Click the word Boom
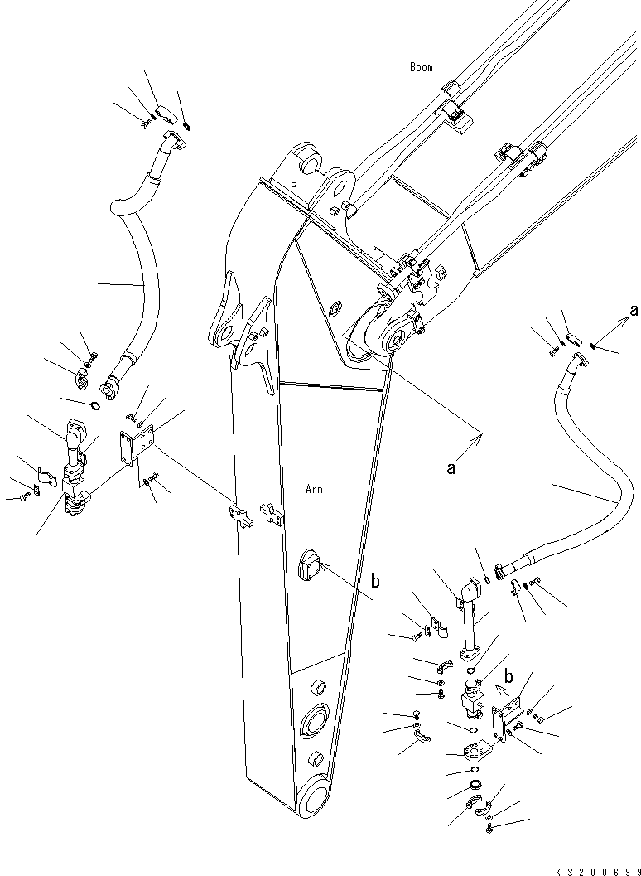click(421, 68)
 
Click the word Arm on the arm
click(314, 490)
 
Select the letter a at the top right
click(633, 310)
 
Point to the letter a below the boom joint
click(451, 468)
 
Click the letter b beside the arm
click(376, 581)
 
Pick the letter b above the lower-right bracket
click(508, 676)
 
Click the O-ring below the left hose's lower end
click(95, 405)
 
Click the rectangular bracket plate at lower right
click(499, 723)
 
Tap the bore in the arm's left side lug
click(229, 335)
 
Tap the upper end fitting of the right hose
click(580, 366)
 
